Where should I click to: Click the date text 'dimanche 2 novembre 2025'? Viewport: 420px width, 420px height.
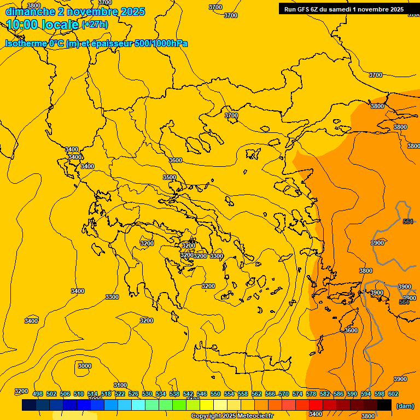click(75, 11)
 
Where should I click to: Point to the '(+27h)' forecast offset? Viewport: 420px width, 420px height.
click(95, 25)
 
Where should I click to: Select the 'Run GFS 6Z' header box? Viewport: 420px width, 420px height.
click(344, 9)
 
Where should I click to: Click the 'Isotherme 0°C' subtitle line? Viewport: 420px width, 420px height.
click(96, 43)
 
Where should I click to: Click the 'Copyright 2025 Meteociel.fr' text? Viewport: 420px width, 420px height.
click(232, 416)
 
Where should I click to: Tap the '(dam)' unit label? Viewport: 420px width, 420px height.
click(405, 405)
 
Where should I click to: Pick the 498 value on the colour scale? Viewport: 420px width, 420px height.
click(38, 394)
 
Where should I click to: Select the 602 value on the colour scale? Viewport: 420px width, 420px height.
click(393, 394)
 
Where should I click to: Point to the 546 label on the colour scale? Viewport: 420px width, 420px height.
click(202, 394)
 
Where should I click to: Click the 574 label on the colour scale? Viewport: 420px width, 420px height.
click(297, 394)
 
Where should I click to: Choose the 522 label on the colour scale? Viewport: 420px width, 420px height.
click(120, 394)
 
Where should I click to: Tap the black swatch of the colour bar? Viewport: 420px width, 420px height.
click(384, 405)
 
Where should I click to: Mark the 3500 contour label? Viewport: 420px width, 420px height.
click(170, 177)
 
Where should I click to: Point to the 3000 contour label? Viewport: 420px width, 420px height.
click(85, 366)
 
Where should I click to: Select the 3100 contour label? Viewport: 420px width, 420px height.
click(120, 385)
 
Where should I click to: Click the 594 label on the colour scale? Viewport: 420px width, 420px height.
click(366, 394)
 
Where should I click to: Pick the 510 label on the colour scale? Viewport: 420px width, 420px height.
click(79, 394)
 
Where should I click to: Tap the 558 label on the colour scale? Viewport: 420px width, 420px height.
click(243, 394)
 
